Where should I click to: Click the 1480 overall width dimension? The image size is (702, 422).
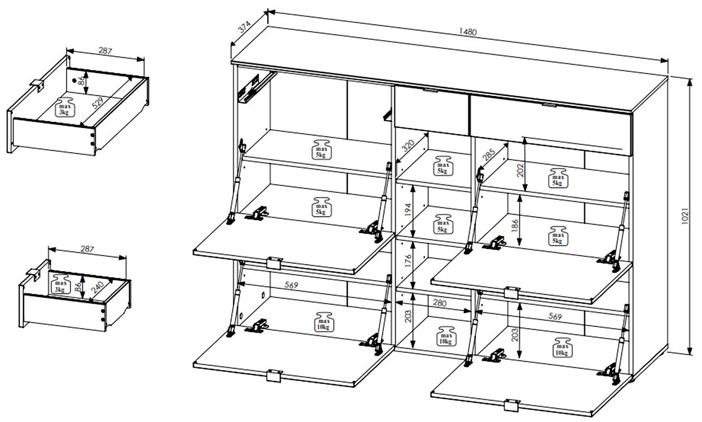click(467, 32)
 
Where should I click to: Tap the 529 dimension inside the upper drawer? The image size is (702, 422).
click(97, 103)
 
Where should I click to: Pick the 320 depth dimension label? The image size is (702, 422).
click(408, 146)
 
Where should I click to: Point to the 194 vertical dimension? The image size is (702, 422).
click(408, 210)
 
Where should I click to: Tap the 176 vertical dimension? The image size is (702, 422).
click(408, 262)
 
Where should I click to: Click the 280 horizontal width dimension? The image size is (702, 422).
click(439, 303)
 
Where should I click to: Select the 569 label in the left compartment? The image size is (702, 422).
click(291, 285)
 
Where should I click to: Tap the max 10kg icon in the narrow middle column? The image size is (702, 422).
click(445, 336)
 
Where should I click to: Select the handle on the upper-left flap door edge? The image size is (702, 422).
click(274, 263)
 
